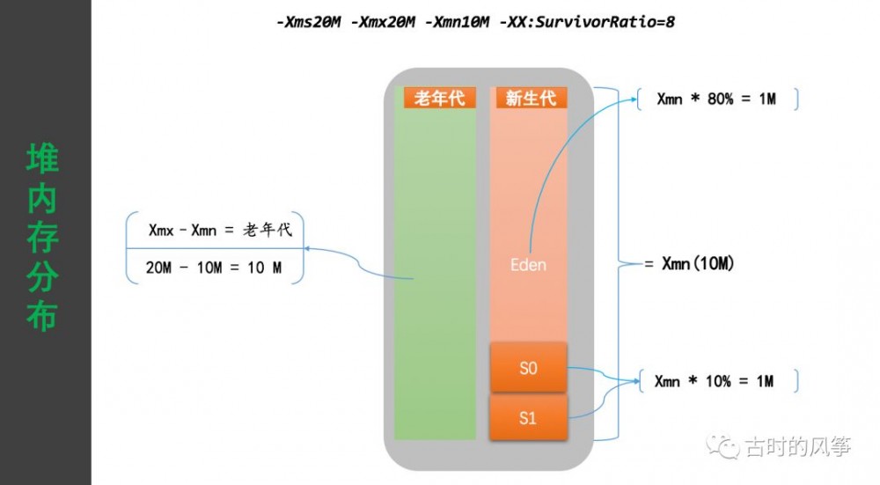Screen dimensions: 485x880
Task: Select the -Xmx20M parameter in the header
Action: click(x=385, y=19)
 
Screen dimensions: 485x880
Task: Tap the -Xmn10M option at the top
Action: click(x=458, y=19)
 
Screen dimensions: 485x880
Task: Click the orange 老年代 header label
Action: click(x=439, y=98)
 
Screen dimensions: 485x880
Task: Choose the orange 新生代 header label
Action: click(x=531, y=98)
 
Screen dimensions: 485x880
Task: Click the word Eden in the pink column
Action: click(x=529, y=264)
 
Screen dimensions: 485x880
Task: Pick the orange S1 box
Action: click(x=528, y=418)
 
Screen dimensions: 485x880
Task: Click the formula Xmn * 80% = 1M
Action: click(x=716, y=99)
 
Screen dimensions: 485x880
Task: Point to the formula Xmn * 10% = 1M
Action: click(x=714, y=381)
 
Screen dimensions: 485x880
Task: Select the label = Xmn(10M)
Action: click(x=689, y=264)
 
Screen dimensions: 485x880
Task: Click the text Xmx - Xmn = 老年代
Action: click(x=220, y=231)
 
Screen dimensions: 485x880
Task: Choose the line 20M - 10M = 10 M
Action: click(x=214, y=268)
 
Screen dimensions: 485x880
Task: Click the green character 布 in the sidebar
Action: click(x=42, y=315)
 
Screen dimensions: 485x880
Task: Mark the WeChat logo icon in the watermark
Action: click(x=728, y=447)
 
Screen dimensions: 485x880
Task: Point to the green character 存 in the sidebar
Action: click(x=42, y=238)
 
